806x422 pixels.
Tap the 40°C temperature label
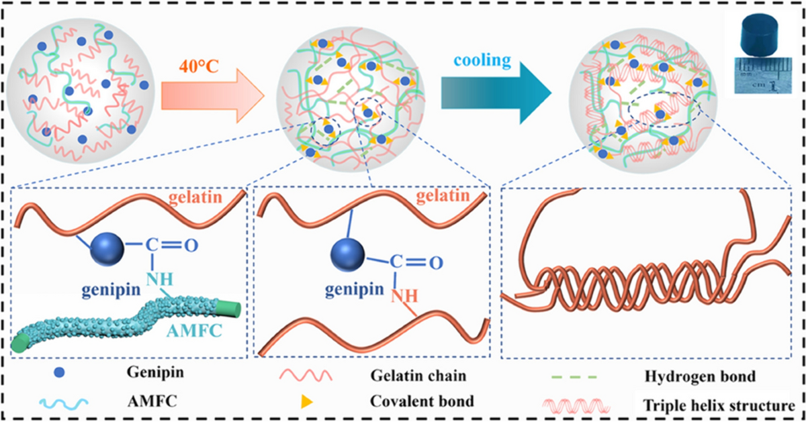[x=199, y=67]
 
